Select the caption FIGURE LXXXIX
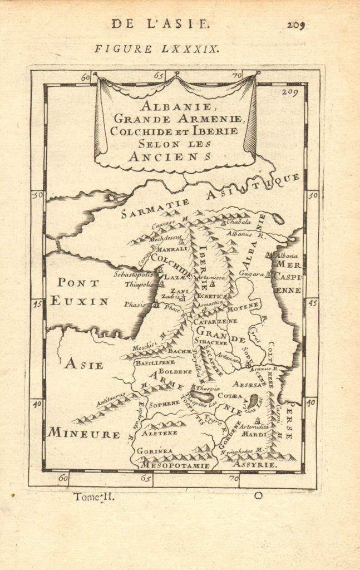157,48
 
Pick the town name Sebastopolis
134,274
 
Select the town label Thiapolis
139,284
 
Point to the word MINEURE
83,433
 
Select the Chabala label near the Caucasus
239,221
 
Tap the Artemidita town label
254,426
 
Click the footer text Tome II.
94,497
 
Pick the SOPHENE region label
164,402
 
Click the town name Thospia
208,387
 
